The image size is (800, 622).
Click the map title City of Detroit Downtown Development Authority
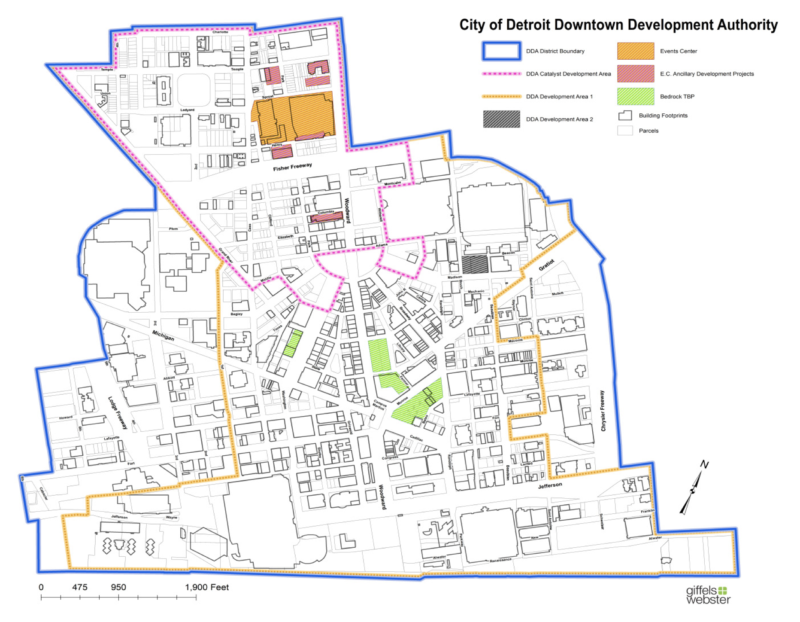(x=618, y=25)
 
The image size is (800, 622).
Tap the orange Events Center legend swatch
(x=636, y=51)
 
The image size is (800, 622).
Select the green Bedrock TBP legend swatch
(x=636, y=97)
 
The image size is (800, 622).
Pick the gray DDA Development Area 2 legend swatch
(x=501, y=119)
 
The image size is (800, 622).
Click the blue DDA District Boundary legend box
(x=501, y=51)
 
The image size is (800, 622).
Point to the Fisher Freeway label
(x=292, y=167)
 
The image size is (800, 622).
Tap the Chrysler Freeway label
(x=603, y=411)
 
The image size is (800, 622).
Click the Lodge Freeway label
(x=118, y=412)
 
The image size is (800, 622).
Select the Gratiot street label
(x=546, y=265)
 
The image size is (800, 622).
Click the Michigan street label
(x=163, y=335)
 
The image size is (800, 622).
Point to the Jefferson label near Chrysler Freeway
(x=550, y=485)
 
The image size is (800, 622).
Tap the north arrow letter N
(x=704, y=464)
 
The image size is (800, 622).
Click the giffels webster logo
(x=708, y=595)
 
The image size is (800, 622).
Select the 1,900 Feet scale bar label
(x=207, y=587)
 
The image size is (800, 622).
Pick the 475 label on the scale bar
(x=80, y=587)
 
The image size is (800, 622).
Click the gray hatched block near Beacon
(x=475, y=265)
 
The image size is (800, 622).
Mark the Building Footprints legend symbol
(x=625, y=116)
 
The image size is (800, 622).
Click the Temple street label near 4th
(x=107, y=69)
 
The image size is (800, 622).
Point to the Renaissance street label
(x=500, y=560)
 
